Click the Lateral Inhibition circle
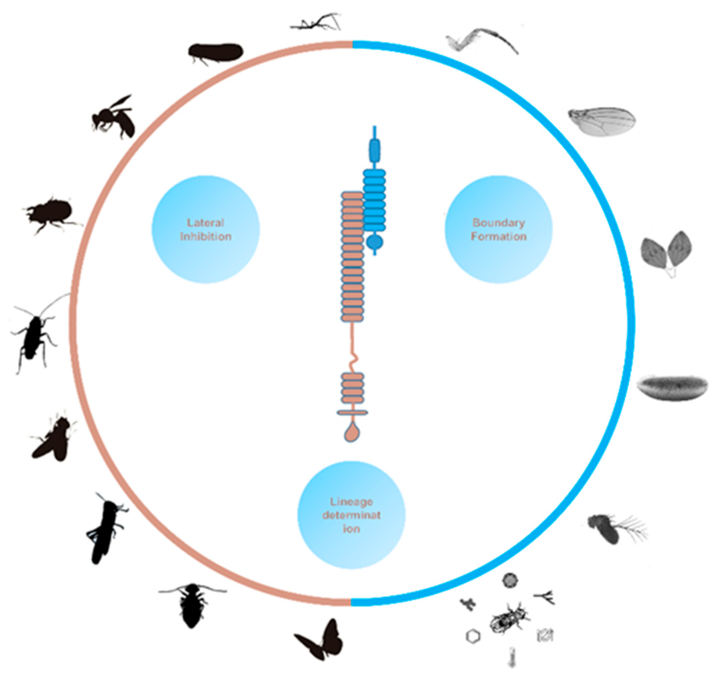205,229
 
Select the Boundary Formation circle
498,229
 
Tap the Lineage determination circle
351,515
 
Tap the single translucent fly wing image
601,121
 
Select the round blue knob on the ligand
375,242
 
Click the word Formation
498,237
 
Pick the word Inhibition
205,237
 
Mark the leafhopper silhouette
215,53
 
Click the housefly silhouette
53,439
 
